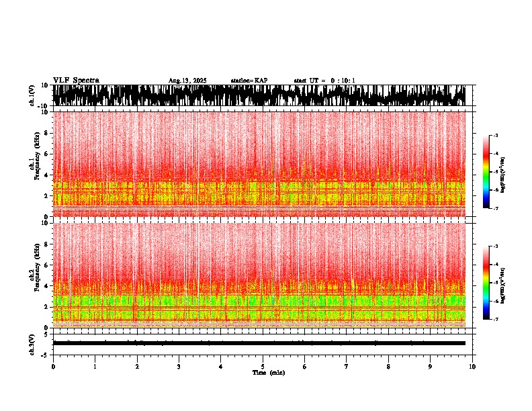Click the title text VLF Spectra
click(76, 80)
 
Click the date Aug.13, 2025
click(187, 81)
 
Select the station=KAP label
click(249, 81)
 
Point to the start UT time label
click(324, 81)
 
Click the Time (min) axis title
click(268, 373)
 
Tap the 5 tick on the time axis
click(263, 367)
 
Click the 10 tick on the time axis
click(472, 367)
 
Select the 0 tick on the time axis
click(53, 367)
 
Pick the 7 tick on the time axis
click(347, 367)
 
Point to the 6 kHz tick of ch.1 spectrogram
click(47, 154)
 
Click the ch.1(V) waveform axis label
click(34, 95)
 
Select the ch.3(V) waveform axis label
click(34, 343)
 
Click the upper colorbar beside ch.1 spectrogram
click(486, 172)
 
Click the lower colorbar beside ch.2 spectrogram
click(486, 283)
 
